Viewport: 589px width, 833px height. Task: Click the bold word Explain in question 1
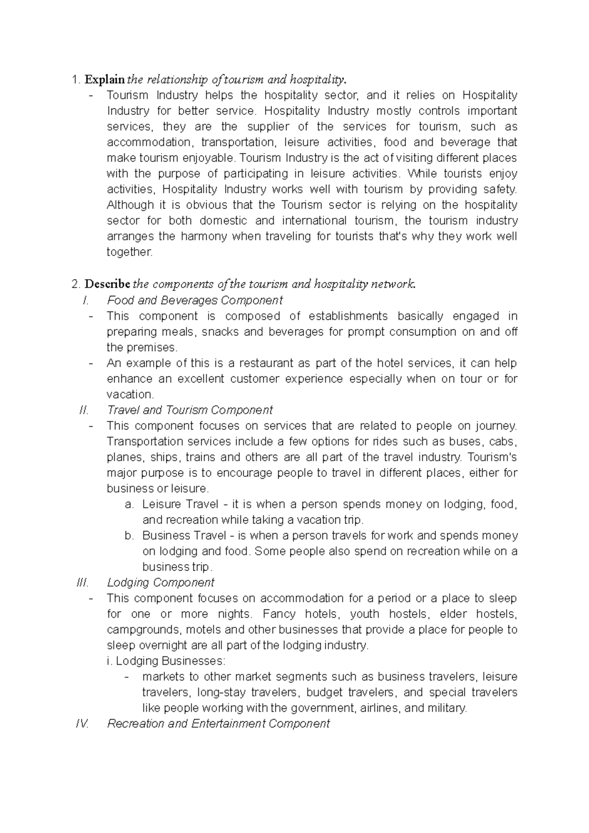(105, 79)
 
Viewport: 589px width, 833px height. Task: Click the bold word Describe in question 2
(107, 284)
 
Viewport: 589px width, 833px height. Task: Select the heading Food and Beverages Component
(195, 300)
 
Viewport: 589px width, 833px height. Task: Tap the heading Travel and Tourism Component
(189, 410)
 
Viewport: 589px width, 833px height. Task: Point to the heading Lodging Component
(161, 582)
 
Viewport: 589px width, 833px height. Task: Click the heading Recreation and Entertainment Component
(218, 724)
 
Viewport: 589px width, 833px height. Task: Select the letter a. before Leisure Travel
(129, 504)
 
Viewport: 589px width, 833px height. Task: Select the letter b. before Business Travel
(129, 535)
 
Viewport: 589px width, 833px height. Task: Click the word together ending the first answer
(130, 252)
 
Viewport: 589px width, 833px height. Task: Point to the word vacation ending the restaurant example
(130, 394)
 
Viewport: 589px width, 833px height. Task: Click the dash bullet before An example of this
(91, 364)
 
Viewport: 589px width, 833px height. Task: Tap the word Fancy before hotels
(279, 614)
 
